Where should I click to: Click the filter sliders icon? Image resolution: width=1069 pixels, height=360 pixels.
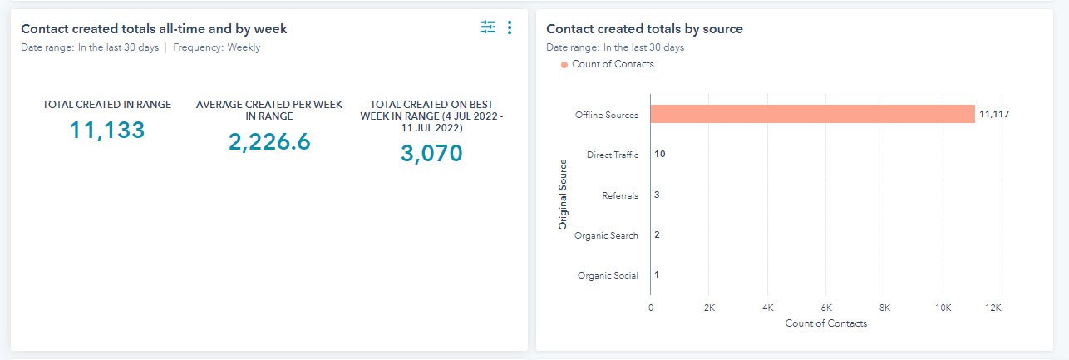tap(488, 27)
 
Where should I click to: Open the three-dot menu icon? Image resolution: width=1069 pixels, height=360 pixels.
tap(510, 27)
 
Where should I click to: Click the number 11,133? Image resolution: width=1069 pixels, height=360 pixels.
tap(107, 130)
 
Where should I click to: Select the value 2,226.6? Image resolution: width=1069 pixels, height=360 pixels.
tap(269, 142)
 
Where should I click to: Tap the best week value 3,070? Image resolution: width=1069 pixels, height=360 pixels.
tap(431, 154)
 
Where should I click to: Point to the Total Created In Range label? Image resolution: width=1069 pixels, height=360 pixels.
tap(107, 105)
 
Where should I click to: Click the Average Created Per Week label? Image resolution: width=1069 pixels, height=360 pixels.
tap(269, 111)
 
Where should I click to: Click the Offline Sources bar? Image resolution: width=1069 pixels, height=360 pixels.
tap(812, 114)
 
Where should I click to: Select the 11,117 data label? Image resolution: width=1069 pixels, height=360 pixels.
tap(994, 115)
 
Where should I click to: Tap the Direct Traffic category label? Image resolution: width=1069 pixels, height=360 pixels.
tap(612, 155)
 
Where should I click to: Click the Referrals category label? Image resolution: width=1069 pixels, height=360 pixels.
tap(620, 195)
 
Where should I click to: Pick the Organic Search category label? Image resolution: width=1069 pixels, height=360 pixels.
tap(606, 235)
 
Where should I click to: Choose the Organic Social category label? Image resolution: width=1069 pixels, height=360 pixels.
tap(608, 275)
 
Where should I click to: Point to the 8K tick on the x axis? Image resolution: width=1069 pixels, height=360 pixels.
tap(884, 307)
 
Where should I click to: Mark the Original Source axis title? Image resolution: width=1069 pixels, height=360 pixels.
tap(563, 195)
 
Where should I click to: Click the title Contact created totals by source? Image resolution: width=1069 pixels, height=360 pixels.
tap(644, 29)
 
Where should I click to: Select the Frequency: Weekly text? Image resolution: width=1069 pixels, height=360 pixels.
tap(216, 47)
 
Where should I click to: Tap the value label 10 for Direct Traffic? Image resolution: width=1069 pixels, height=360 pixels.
tap(660, 155)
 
